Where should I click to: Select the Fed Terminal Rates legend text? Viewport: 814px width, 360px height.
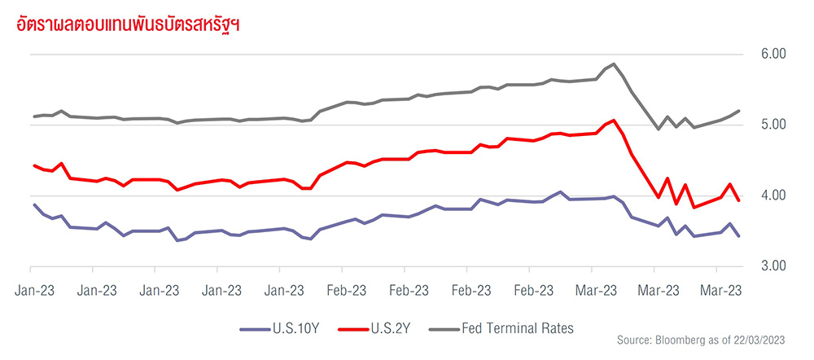[x=518, y=328]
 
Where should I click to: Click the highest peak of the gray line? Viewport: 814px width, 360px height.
[x=613, y=64]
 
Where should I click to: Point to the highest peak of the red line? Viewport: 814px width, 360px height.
[x=613, y=120]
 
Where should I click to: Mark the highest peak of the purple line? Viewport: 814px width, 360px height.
[x=561, y=192]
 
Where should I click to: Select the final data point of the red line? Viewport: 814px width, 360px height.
[x=738, y=200]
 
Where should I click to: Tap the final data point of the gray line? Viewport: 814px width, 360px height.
[x=738, y=111]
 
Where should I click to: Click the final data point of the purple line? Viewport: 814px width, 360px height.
[x=738, y=235]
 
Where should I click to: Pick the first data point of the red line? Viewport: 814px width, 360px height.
[x=34, y=165]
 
